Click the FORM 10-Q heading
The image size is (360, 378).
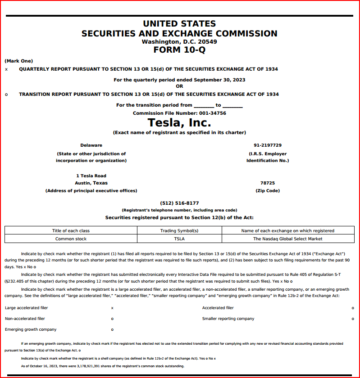click(x=179, y=50)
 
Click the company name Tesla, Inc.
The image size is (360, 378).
click(x=179, y=122)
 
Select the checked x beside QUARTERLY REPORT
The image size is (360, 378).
click(x=6, y=69)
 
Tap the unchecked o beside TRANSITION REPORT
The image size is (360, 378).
click(x=6, y=94)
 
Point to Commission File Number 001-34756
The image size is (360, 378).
click(x=179, y=113)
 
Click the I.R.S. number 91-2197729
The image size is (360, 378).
click(x=268, y=145)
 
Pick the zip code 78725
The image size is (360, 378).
click(x=268, y=183)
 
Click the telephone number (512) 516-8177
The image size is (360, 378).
click(x=179, y=203)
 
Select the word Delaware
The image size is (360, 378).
click(x=91, y=145)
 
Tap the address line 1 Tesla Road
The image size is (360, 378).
click(x=91, y=175)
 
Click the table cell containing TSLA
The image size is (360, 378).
click(x=179, y=239)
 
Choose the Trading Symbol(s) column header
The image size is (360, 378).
click(x=179, y=231)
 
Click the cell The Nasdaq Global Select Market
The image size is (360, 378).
click(x=287, y=239)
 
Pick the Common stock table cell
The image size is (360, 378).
click(x=71, y=239)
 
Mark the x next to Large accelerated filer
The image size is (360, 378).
click(x=112, y=308)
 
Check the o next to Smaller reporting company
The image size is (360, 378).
click(x=353, y=319)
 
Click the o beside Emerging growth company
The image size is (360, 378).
click(x=112, y=330)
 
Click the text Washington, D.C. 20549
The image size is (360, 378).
click(x=179, y=42)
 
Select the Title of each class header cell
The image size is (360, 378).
click(x=71, y=231)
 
